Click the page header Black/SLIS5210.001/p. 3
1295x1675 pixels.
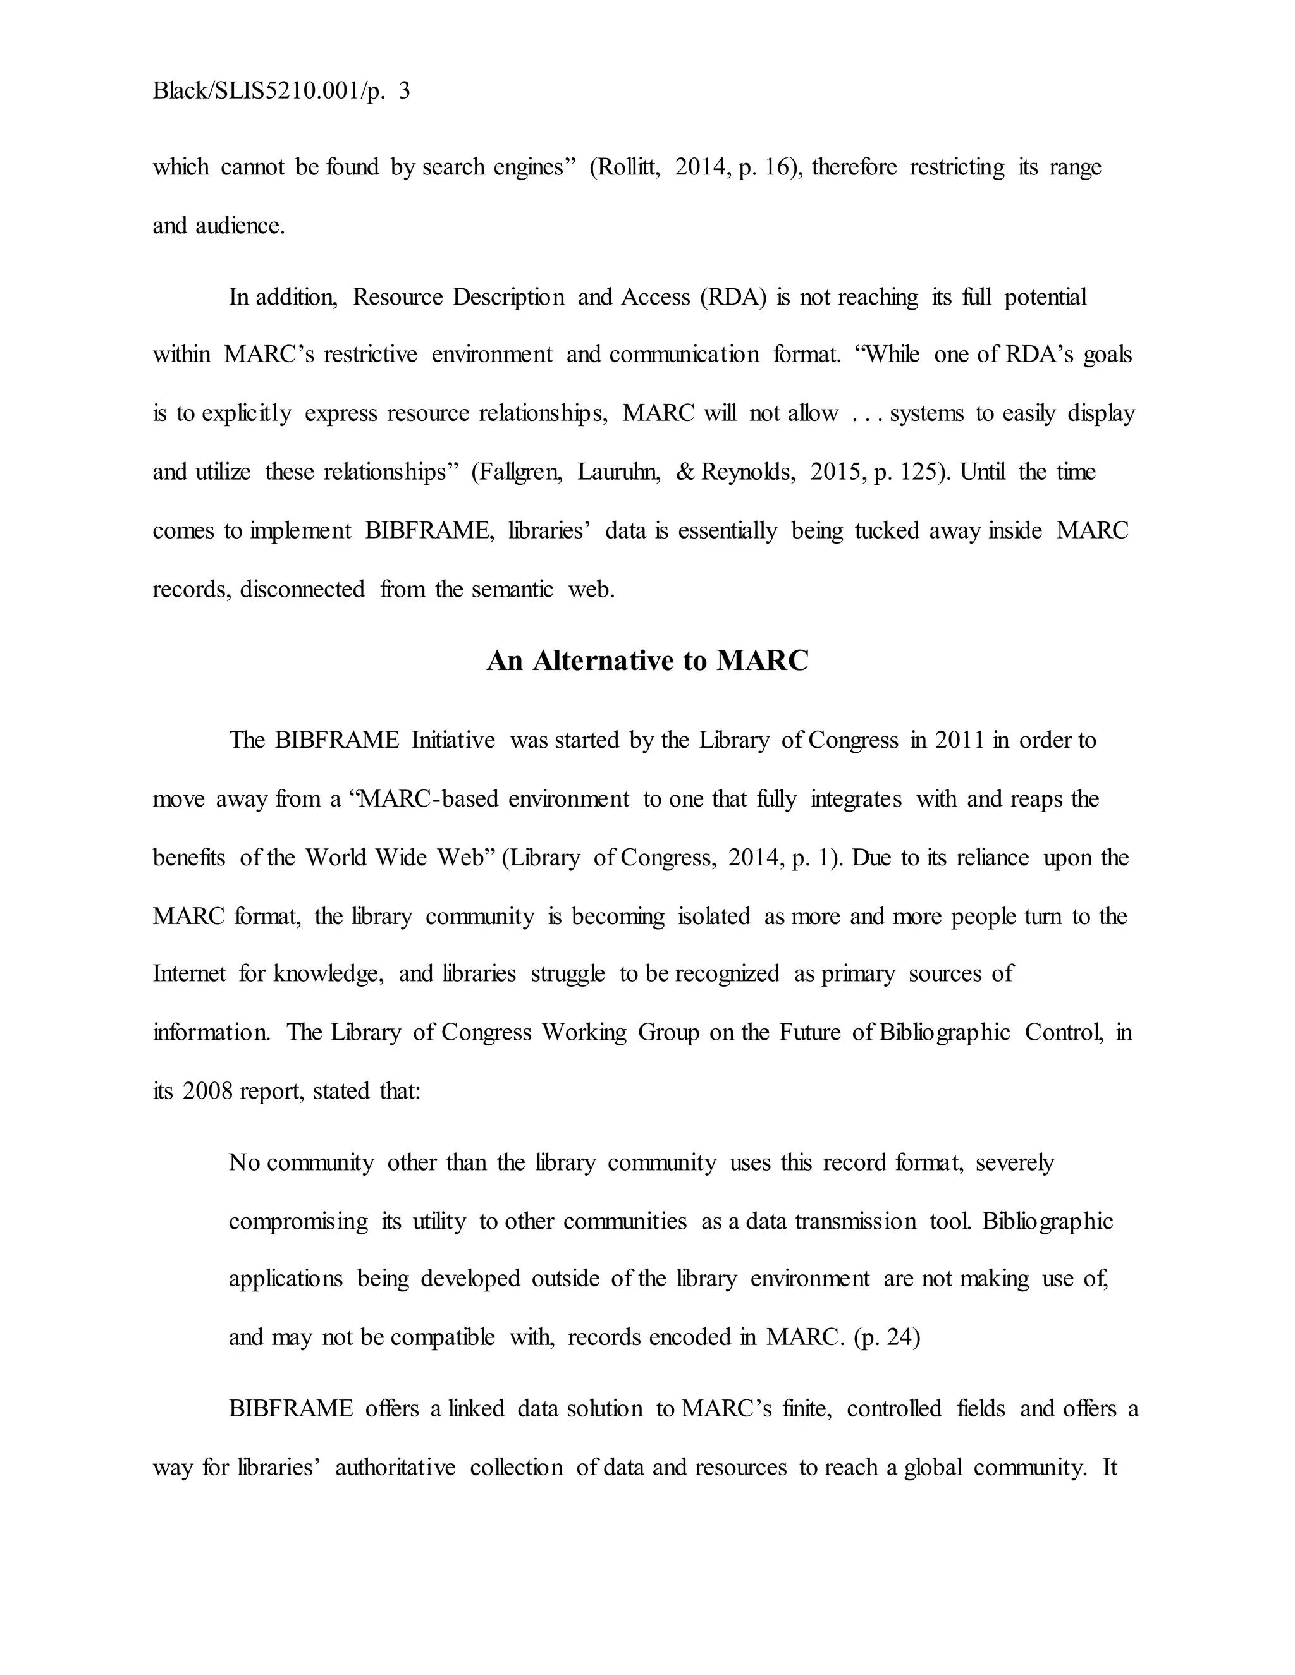(281, 91)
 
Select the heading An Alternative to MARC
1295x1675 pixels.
(647, 661)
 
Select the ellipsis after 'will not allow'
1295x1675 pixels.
(864, 414)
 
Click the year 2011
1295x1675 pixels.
(960, 740)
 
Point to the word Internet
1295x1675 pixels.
(188, 974)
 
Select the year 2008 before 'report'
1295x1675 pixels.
(207, 1090)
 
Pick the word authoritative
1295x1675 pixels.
(395, 1468)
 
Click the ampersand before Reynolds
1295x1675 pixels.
(684, 472)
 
